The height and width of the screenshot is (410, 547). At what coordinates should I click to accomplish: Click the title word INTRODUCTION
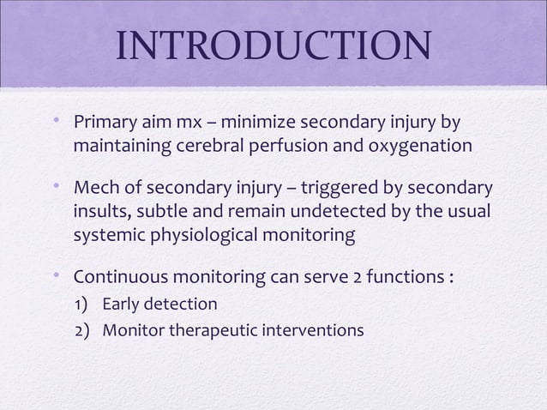[x=273, y=49]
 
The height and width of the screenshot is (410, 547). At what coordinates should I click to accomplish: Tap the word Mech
[x=98, y=186]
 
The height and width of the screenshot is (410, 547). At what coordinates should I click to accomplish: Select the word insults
[x=100, y=211]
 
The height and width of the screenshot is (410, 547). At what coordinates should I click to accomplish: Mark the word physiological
[x=203, y=237]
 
